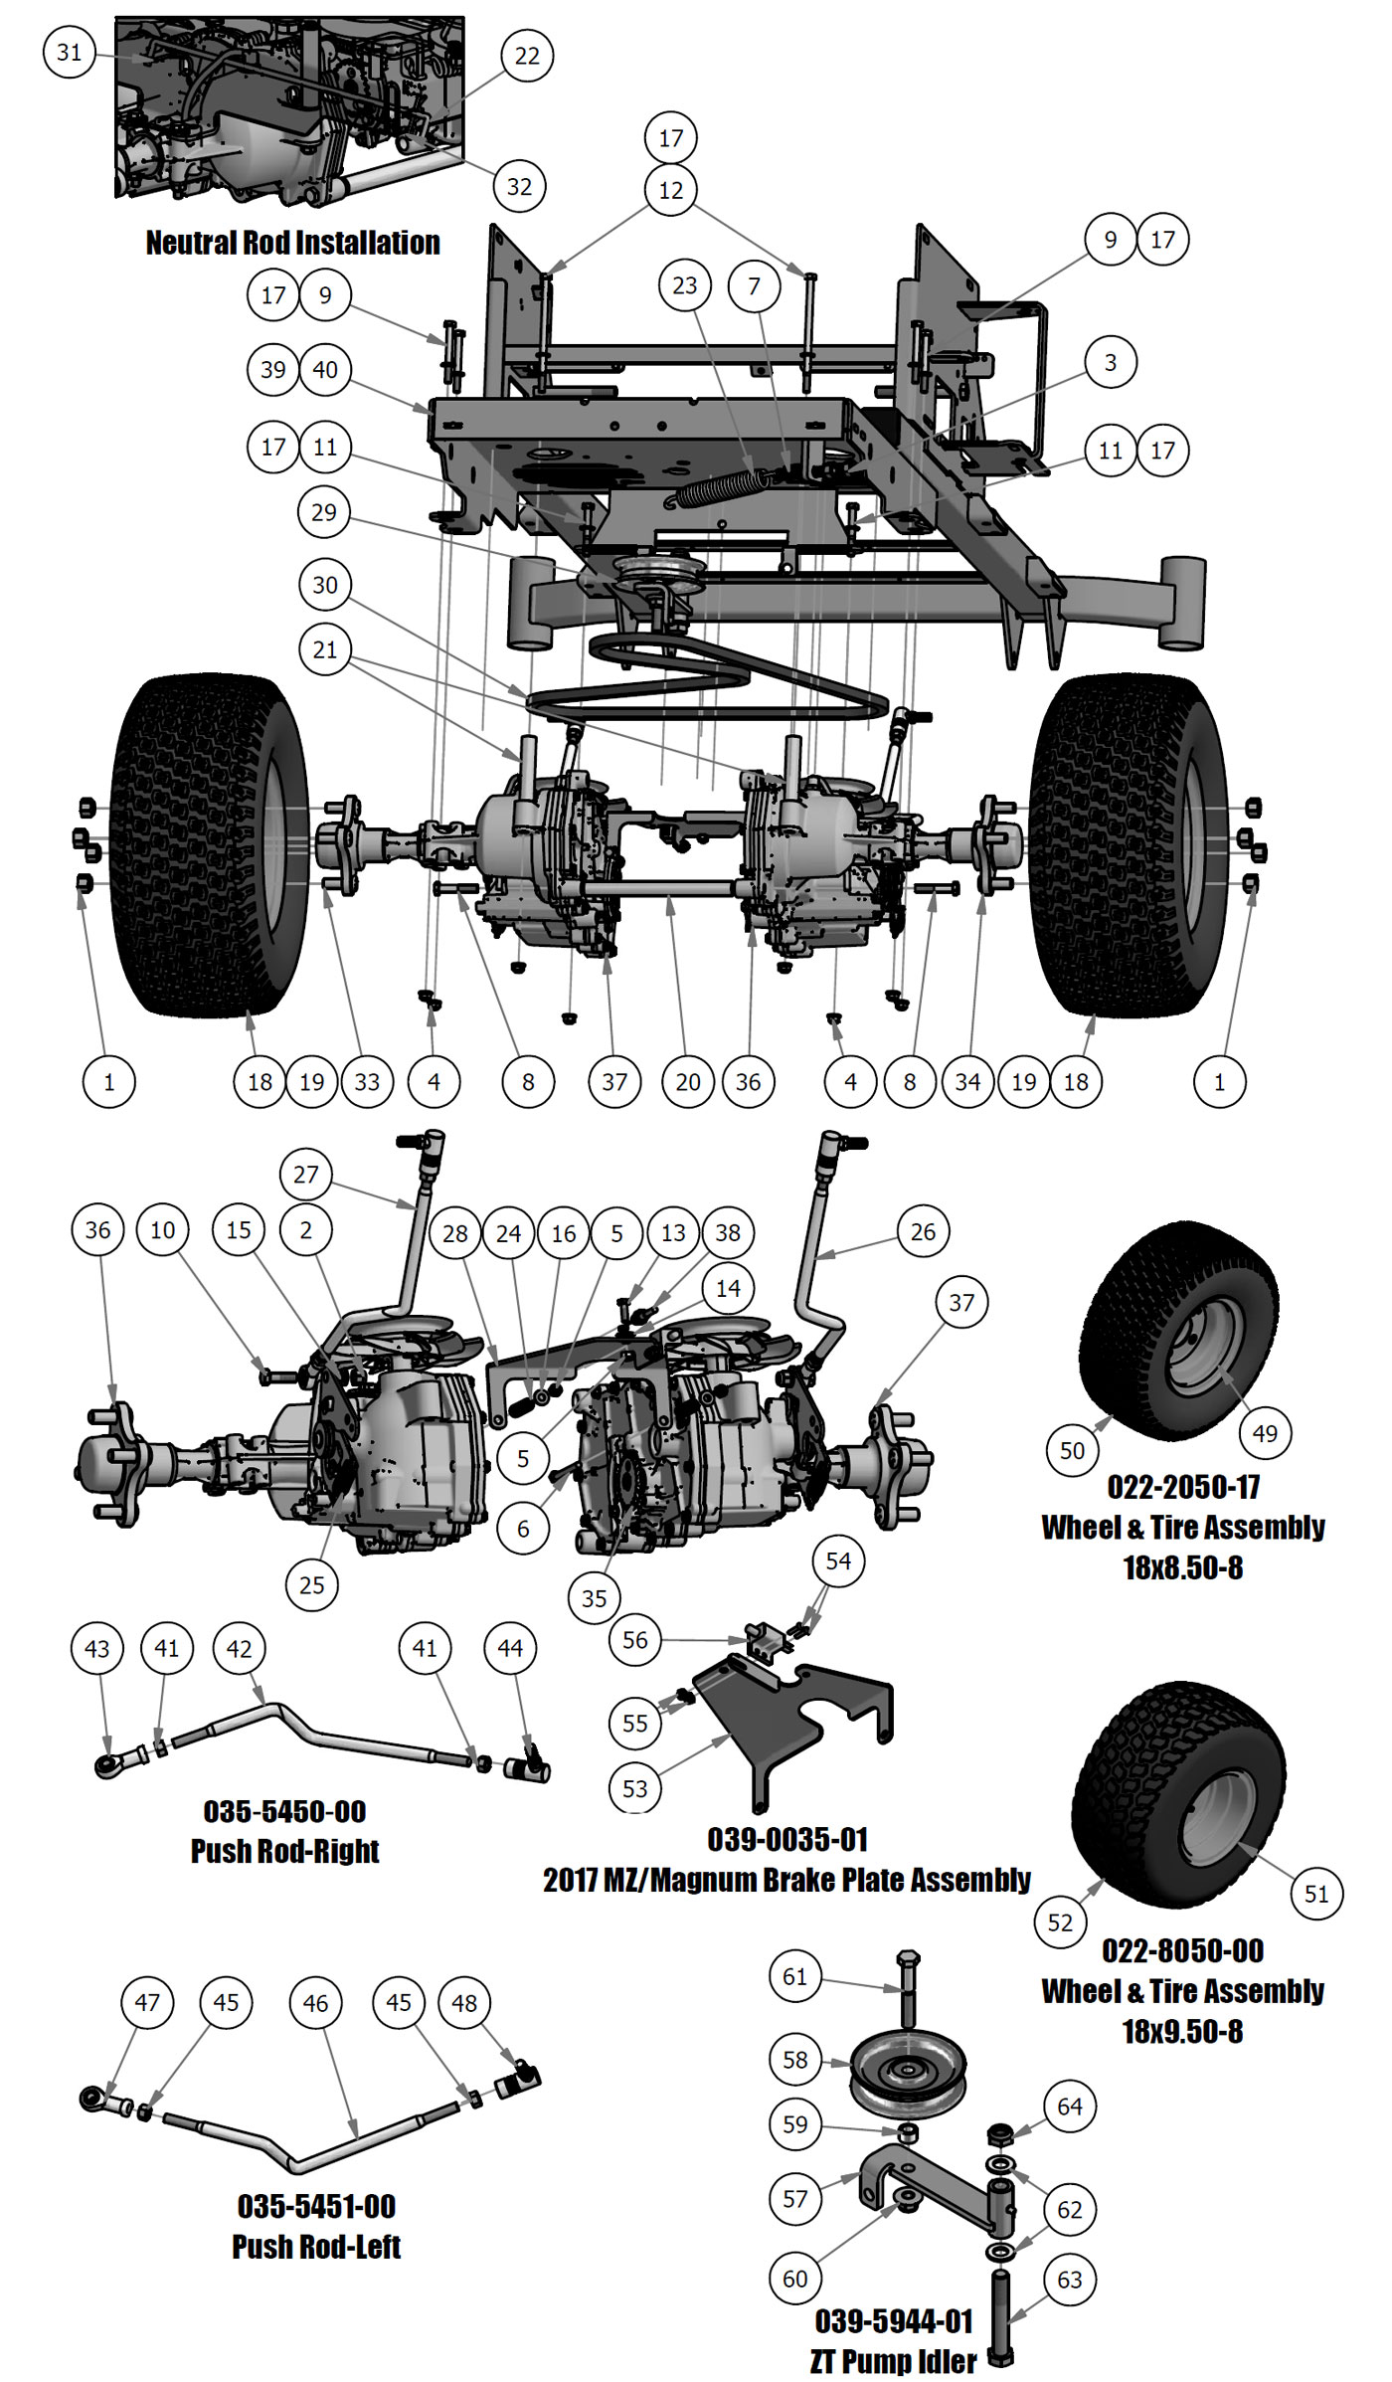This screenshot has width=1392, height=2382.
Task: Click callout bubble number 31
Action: pos(69,52)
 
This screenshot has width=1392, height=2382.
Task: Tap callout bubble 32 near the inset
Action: pos(519,186)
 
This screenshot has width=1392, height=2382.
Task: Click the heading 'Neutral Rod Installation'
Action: pos(292,243)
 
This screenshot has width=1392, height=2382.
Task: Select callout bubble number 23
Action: pos(685,285)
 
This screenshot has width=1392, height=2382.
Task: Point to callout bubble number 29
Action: pos(324,512)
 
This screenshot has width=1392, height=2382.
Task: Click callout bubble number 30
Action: pos(325,585)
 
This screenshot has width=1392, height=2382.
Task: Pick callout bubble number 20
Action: pos(688,1082)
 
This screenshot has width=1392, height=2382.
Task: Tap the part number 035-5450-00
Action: pos(284,1811)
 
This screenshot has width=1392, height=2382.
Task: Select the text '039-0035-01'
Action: pos(786,1840)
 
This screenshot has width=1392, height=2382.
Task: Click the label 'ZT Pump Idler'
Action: pos(893,2360)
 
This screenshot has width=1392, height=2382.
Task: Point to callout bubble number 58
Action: pos(795,2059)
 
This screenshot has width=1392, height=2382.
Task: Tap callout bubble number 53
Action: pos(634,1789)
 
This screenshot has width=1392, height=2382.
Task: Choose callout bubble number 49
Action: pos(1265,1433)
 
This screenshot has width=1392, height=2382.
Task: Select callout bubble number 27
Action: pos(305,1175)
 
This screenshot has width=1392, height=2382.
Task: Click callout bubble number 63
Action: pos(1070,2280)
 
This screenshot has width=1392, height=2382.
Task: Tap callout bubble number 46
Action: pos(315,2003)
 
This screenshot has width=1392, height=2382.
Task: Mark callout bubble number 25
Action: pos(311,1584)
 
